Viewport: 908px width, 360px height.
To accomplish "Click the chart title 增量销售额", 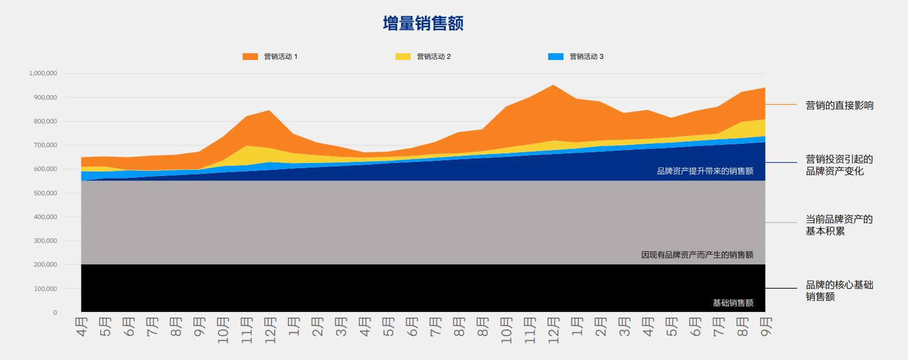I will click(423, 24).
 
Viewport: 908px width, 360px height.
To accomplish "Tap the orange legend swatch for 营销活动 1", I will click(250, 57).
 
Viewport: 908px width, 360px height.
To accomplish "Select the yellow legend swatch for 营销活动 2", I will click(403, 57).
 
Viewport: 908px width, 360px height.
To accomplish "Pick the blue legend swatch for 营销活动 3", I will click(556, 57).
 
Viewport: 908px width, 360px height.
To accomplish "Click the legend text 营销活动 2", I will click(434, 57).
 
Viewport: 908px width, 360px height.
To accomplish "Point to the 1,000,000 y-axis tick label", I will click(43, 74).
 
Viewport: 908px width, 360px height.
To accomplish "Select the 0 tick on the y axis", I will click(55, 312).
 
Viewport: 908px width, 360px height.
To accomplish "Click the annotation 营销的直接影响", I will click(840, 105).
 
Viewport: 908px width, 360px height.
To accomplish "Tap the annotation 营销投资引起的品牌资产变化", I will click(839, 165).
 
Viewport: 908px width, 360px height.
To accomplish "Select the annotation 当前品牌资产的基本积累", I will click(839, 225).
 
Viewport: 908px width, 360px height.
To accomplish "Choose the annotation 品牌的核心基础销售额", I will click(840, 290).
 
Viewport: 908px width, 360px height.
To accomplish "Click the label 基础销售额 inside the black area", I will click(733, 303).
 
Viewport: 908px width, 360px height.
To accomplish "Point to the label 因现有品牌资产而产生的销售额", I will click(697, 255).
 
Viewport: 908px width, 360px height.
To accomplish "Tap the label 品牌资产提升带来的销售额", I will click(705, 171).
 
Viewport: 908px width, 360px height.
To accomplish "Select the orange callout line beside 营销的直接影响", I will click(781, 104).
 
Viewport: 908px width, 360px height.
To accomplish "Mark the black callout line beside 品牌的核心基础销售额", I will click(781, 288).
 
